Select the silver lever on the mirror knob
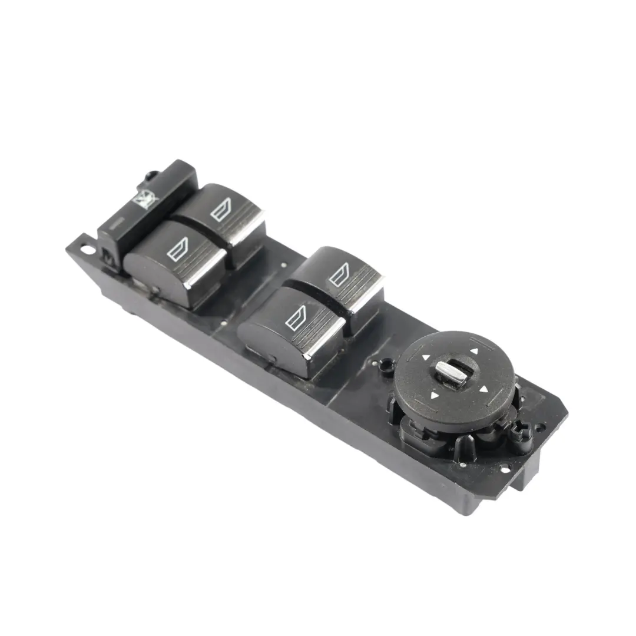[450, 372]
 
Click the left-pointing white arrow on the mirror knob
[426, 357]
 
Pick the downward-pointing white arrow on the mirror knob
[435, 396]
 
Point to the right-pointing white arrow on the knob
[483, 389]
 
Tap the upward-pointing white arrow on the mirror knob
[473, 351]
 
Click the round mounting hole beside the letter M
[87, 250]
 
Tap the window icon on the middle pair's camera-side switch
[295, 320]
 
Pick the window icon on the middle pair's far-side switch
[339, 275]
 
